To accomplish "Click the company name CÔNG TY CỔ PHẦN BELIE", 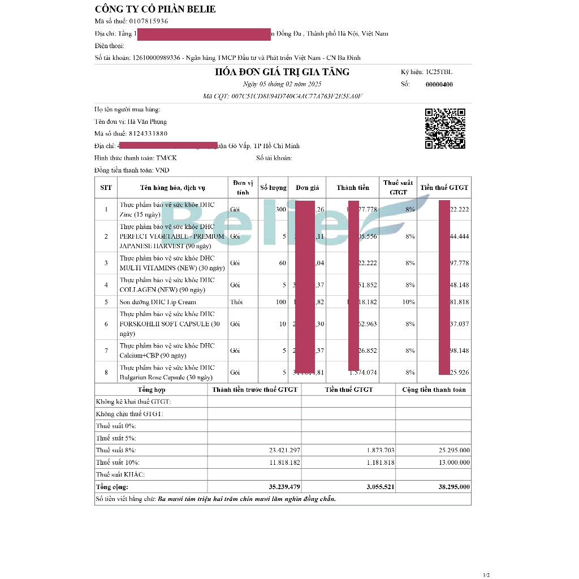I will pyautogui.click(x=155, y=10).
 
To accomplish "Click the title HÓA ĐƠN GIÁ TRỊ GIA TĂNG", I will pyautogui.click(x=282, y=72).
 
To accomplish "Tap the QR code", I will pyautogui.click(x=445, y=128).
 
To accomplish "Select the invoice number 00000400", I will pyautogui.click(x=439, y=85).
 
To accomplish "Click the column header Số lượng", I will pyautogui.click(x=274, y=188).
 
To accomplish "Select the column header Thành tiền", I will pyautogui.click(x=353, y=188).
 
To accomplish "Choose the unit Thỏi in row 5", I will pyautogui.click(x=236, y=302).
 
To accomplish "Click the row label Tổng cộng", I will pyautogui.click(x=112, y=487).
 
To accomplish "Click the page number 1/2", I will pyautogui.click(x=486, y=575).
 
